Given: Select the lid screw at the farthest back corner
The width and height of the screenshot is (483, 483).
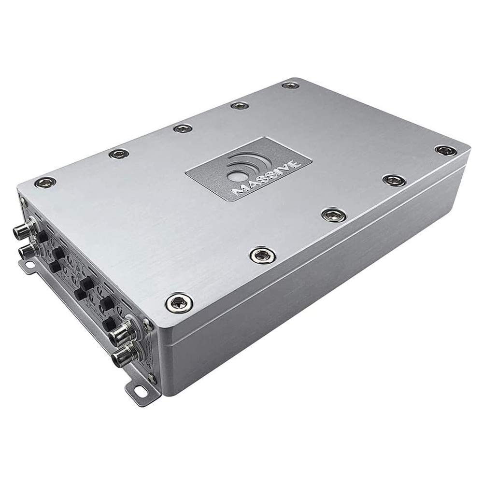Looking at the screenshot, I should click(289, 86).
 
